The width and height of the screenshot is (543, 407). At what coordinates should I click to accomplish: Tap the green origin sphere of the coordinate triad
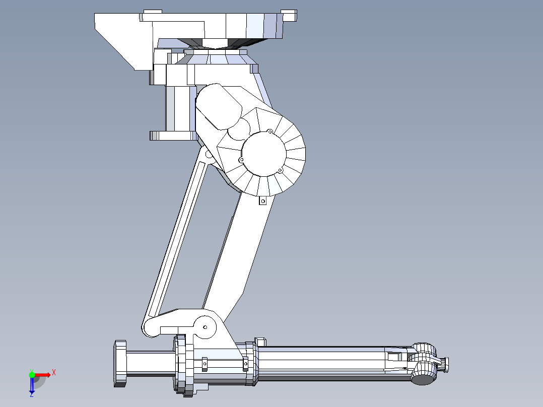(32, 374)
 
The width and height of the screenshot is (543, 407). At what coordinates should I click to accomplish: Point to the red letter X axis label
(53, 372)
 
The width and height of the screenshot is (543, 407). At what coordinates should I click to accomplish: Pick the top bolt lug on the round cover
(269, 132)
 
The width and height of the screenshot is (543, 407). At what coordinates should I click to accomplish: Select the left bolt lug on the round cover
(241, 160)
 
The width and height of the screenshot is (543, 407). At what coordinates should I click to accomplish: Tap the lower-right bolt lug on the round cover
(280, 170)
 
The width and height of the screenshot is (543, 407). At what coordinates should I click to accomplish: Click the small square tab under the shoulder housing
(262, 201)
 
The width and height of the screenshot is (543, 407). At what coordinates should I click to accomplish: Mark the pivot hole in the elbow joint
(205, 327)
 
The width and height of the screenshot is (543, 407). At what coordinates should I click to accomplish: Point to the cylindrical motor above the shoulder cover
(218, 107)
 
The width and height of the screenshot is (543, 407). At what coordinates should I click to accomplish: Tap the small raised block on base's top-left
(153, 12)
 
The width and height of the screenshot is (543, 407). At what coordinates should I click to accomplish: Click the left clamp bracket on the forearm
(205, 363)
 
